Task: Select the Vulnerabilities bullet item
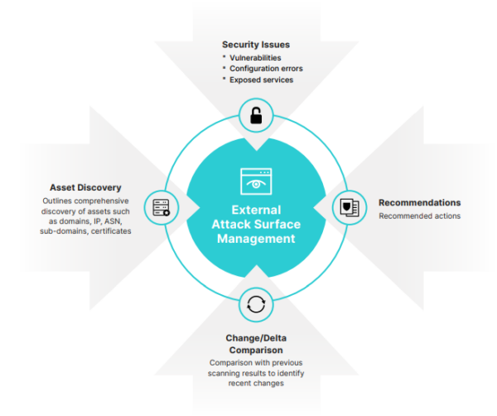(258, 57)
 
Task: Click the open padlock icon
(256, 116)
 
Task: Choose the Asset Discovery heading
(85, 187)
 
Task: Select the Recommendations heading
(420, 202)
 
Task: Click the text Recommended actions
(420, 215)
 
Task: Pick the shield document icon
(348, 207)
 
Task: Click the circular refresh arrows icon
(256, 304)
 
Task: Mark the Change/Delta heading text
(256, 337)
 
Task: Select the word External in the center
(256, 210)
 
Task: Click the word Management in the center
(256, 239)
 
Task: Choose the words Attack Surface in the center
(256, 224)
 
